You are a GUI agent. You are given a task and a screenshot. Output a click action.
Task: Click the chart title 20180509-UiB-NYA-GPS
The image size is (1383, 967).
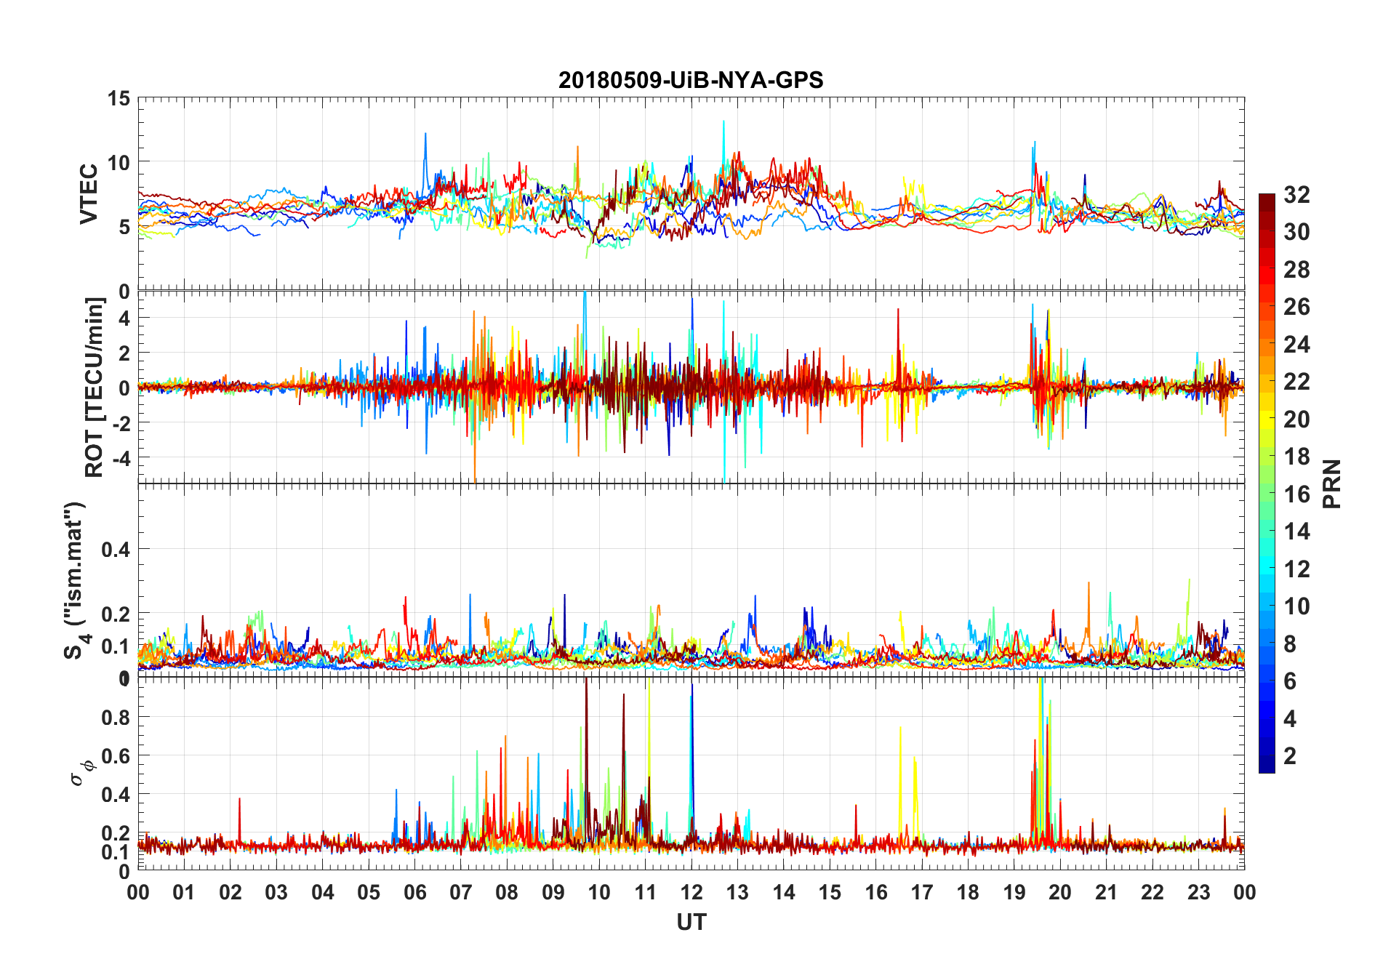(x=691, y=80)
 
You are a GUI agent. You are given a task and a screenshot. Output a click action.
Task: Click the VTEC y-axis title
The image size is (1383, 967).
(x=89, y=194)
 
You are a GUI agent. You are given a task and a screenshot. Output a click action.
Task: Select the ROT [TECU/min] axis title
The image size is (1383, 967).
(x=95, y=387)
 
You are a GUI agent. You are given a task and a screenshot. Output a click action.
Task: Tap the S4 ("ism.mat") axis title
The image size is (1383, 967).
(x=75, y=580)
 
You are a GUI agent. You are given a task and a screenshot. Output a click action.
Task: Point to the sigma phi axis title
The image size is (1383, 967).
(x=82, y=772)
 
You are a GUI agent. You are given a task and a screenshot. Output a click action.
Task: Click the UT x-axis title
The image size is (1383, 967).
(x=691, y=923)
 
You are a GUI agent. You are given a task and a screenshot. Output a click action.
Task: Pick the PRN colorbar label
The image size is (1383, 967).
(x=1332, y=483)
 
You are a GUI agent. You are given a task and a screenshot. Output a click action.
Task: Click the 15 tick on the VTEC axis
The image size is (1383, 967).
(x=119, y=98)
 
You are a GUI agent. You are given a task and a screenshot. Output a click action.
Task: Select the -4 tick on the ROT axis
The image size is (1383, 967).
(x=122, y=458)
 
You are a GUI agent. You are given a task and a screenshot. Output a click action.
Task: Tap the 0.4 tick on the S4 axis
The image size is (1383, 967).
(x=116, y=550)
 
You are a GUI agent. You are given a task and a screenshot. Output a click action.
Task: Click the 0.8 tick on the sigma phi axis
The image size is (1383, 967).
(x=116, y=718)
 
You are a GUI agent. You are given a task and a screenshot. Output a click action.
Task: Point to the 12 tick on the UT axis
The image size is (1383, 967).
(x=691, y=893)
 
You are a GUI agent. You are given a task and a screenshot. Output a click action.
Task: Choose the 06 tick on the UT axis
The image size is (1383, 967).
(x=414, y=893)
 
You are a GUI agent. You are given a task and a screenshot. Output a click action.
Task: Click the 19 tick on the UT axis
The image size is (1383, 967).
(x=1014, y=893)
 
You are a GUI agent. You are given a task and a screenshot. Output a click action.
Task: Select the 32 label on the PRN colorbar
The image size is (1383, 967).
(x=1296, y=195)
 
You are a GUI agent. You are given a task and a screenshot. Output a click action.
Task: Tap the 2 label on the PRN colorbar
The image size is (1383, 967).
(x=1290, y=756)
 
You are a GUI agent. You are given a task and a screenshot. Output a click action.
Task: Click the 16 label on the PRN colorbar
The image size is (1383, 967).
(x=1296, y=494)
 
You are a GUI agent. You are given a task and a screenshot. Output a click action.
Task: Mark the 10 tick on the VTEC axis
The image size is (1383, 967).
(x=119, y=163)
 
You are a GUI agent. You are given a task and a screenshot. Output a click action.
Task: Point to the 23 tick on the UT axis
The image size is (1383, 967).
(x=1198, y=893)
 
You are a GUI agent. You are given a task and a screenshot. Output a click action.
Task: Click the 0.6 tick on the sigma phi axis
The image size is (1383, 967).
(x=116, y=756)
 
